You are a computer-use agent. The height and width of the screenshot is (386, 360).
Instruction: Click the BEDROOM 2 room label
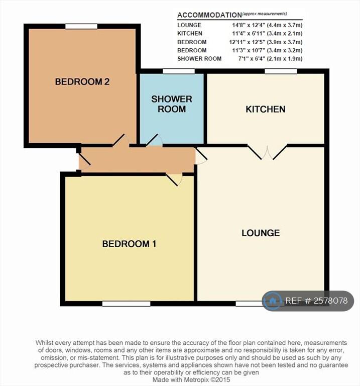click(x=82, y=82)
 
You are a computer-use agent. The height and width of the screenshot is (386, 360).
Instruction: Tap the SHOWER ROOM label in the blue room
click(x=172, y=104)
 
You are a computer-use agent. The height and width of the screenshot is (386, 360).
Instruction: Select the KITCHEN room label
click(x=265, y=109)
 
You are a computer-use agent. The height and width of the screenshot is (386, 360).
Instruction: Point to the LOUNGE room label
click(x=261, y=233)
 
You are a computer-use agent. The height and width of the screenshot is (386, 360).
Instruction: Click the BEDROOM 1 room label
click(x=129, y=244)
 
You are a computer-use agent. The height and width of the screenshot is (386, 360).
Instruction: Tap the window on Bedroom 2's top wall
click(x=81, y=26)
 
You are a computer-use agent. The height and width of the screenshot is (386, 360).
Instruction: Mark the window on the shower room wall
click(x=179, y=71)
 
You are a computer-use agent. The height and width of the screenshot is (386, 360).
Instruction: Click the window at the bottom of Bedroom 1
click(x=126, y=304)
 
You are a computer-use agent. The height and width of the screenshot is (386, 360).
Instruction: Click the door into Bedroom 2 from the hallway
click(x=121, y=140)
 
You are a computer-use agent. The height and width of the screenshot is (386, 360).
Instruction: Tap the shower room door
click(x=153, y=140)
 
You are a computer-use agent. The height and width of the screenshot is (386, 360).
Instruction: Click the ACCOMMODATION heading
click(x=209, y=15)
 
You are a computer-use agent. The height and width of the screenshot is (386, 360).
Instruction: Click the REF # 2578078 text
click(x=316, y=301)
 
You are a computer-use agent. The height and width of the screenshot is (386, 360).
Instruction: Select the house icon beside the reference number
click(x=273, y=301)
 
